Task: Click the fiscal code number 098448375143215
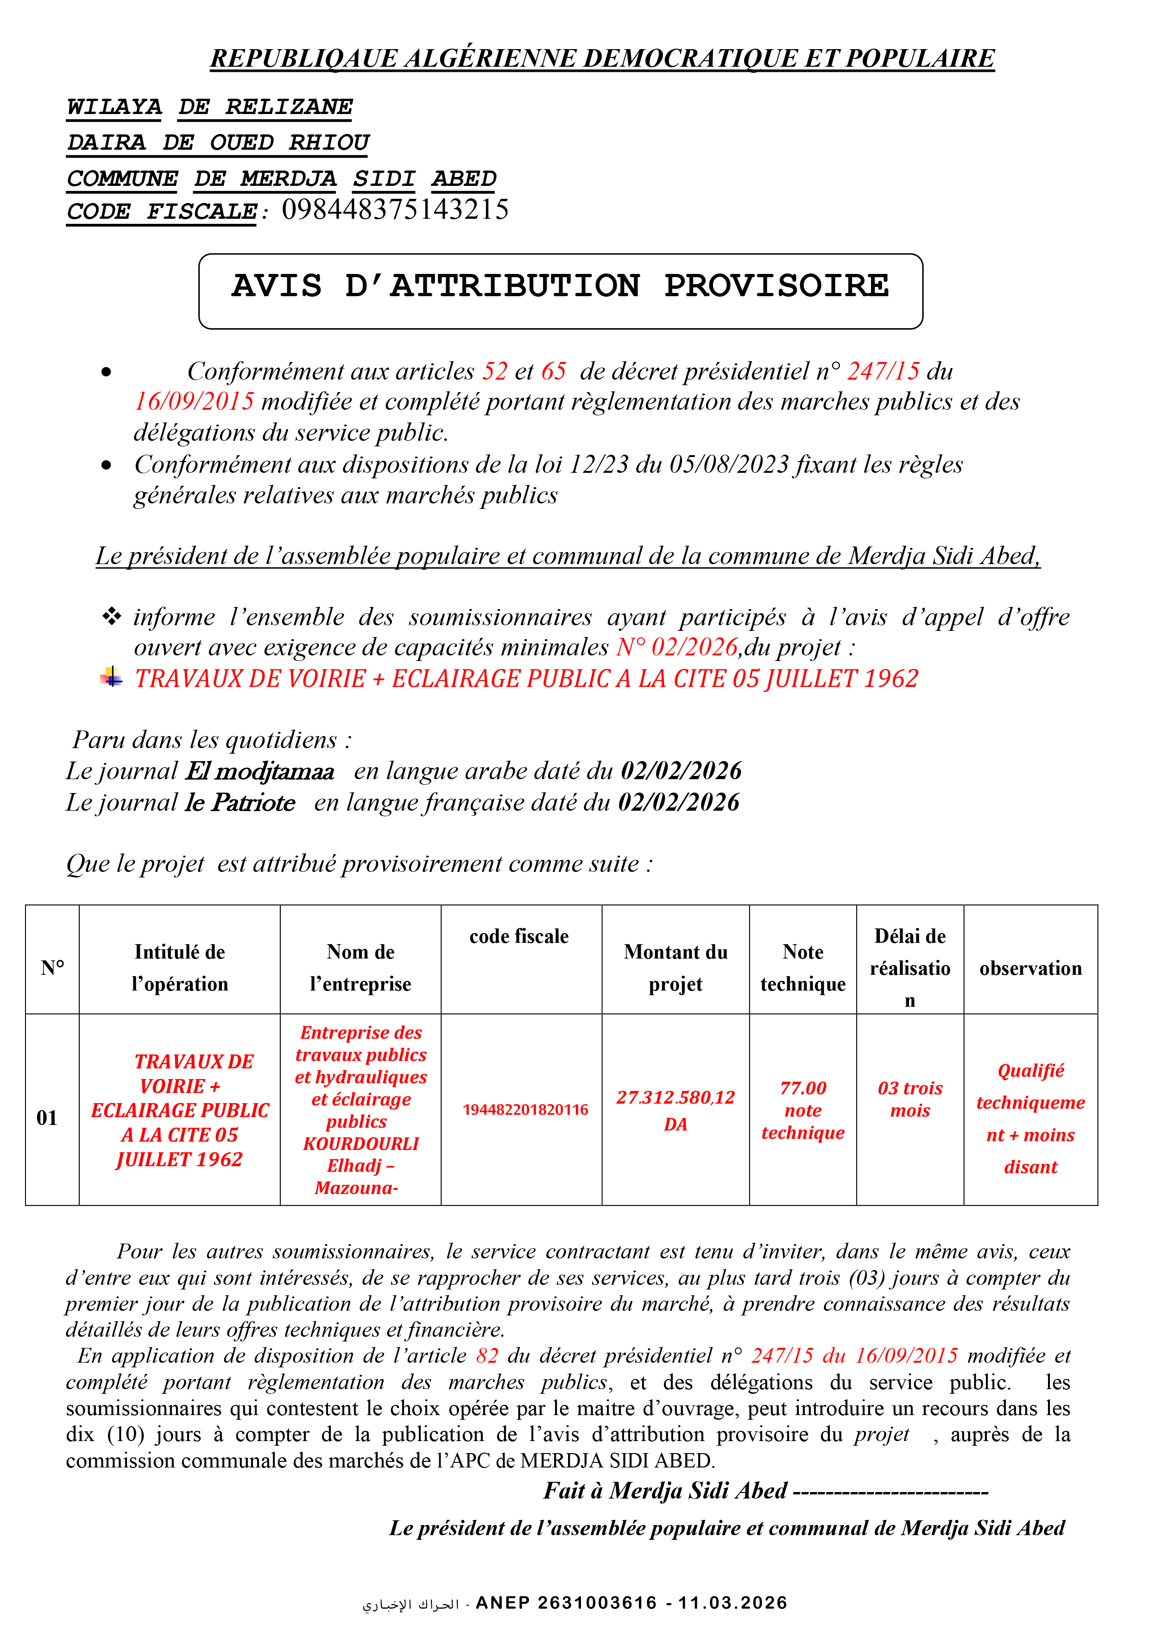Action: pyautogui.click(x=395, y=210)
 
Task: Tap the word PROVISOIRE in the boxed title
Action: pyautogui.click(x=776, y=286)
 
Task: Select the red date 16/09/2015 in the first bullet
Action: pyautogui.click(x=194, y=401)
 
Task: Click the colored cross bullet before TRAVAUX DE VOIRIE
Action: pyautogui.click(x=111, y=677)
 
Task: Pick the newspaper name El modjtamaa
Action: pyautogui.click(x=260, y=771)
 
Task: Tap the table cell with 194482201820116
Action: pyautogui.click(x=525, y=1110)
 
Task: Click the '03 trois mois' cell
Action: pyautogui.click(x=910, y=1099)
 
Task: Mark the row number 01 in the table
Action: pyautogui.click(x=47, y=1118)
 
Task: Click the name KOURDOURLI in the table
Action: pyautogui.click(x=360, y=1144)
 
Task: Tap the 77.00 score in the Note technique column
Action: pyautogui.click(x=803, y=1088)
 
